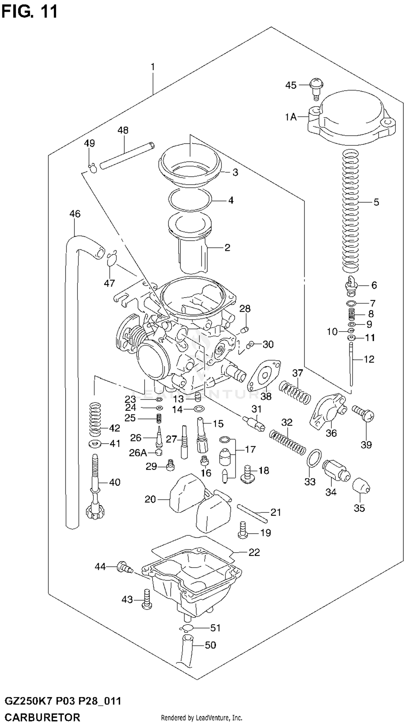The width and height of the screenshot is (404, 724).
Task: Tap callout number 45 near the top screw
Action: click(291, 85)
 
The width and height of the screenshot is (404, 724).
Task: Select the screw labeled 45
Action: click(316, 88)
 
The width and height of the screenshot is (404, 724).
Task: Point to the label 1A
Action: click(291, 117)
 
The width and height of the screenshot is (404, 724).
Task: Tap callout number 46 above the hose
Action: click(75, 214)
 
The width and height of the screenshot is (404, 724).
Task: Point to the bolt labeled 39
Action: click(363, 414)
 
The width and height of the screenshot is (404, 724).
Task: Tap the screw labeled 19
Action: click(243, 530)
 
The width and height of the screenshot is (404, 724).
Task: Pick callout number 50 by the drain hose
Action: click(210, 645)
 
